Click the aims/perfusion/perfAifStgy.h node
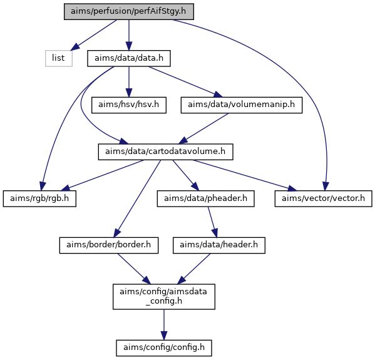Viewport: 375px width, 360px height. tap(129, 11)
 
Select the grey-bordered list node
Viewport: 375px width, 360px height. tap(59, 58)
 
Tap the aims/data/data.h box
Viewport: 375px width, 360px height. tap(129, 58)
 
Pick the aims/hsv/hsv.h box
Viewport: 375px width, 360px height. tap(129, 105)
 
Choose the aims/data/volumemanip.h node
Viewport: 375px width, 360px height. tap(241, 105)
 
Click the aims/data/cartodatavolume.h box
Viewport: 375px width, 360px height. tap(165, 152)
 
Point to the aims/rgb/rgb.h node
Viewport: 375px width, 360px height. tap(39, 198)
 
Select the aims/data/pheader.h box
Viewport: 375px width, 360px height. tap(205, 198)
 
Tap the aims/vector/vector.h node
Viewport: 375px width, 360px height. tap(323, 198)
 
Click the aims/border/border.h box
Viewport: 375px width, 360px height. tap(109, 245)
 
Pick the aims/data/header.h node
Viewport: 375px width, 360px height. tap(219, 245)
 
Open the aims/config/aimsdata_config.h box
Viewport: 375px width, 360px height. tap(164, 297)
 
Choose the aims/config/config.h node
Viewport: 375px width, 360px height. tap(164, 348)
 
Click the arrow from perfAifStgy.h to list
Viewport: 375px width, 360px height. tap(94, 35)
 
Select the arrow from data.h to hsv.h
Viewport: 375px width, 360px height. tap(129, 82)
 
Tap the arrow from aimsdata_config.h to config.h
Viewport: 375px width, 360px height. tap(164, 324)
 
